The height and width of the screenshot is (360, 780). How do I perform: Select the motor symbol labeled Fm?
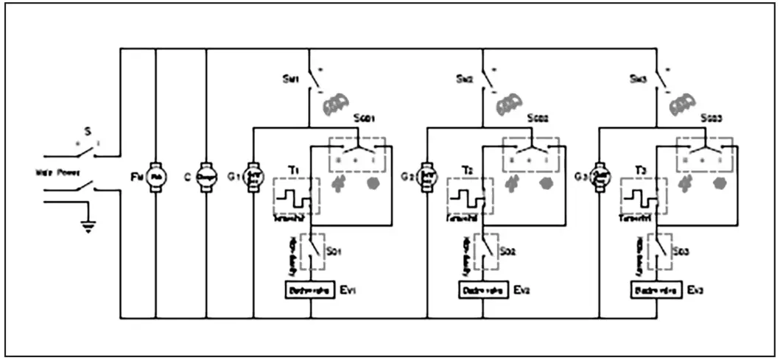point(155,177)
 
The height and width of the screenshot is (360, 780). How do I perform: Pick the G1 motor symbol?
point(253,177)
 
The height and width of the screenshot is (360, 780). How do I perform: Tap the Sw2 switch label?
point(463,78)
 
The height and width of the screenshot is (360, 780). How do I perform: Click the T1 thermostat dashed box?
point(296,197)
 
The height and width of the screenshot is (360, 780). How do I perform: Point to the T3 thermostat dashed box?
point(644,197)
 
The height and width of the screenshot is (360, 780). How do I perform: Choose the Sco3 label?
point(712,119)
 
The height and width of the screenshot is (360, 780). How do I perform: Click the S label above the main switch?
point(87,131)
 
